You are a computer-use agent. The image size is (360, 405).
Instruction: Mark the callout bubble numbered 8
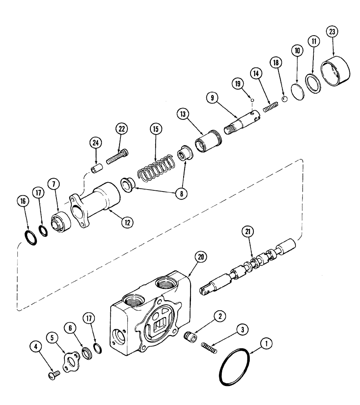point(182,194)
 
